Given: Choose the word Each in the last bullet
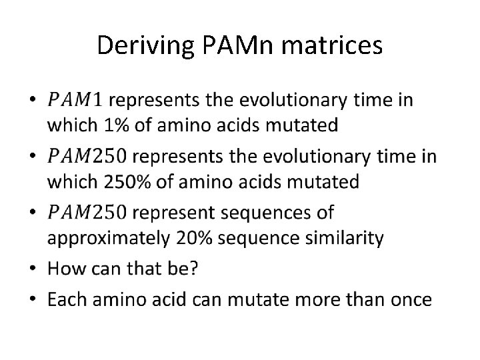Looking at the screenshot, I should [x=66, y=299].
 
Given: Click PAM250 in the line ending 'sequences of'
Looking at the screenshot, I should [x=86, y=213].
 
